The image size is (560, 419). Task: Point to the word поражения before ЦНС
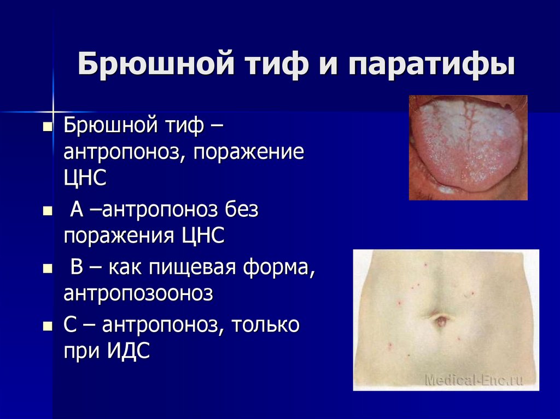coord(119,236)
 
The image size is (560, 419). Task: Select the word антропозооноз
coord(138,294)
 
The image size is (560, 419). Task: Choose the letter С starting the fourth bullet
coord(71,326)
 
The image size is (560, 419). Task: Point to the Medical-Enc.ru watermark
coord(474,380)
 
